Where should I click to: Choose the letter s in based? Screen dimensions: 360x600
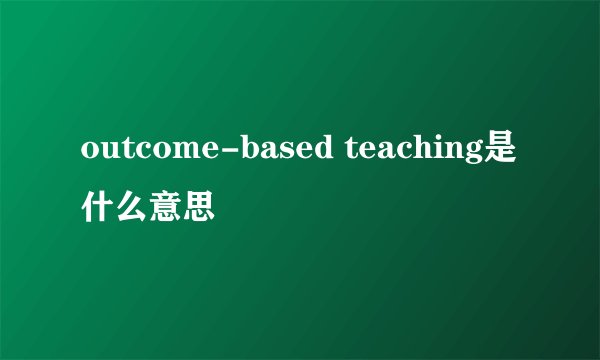290,154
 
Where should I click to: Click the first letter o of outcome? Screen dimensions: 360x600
89,154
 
